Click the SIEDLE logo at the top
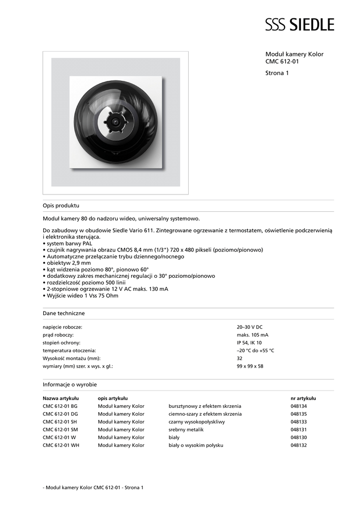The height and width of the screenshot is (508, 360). pyautogui.click(x=299, y=24)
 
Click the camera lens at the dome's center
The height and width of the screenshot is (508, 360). pyautogui.click(x=115, y=121)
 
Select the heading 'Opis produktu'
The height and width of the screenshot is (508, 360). pyautogui.click(x=61, y=205)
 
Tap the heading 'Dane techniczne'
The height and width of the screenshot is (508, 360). pyautogui.click(x=64, y=314)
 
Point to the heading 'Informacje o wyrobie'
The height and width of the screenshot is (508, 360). pyautogui.click(x=70, y=384)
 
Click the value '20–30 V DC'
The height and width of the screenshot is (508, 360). pyautogui.click(x=250, y=327)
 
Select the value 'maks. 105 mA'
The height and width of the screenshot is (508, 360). pyautogui.click(x=253, y=335)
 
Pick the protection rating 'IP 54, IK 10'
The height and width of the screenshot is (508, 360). pyautogui.click(x=249, y=343)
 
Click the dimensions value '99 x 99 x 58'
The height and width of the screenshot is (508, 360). pyautogui.click(x=250, y=367)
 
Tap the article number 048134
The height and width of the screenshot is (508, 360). pyautogui.click(x=299, y=406)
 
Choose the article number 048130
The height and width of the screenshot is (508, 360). pyautogui.click(x=299, y=438)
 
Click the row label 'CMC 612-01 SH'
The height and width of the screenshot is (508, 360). pyautogui.click(x=60, y=422)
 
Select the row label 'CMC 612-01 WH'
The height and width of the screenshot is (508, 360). pyautogui.click(x=61, y=445)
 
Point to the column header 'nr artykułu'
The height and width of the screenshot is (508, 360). pyautogui.click(x=303, y=398)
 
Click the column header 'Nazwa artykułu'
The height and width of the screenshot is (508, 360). pyautogui.click(x=61, y=398)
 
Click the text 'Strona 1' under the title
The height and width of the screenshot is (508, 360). pyautogui.click(x=277, y=73)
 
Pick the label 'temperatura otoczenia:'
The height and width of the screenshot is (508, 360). pyautogui.click(x=70, y=351)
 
